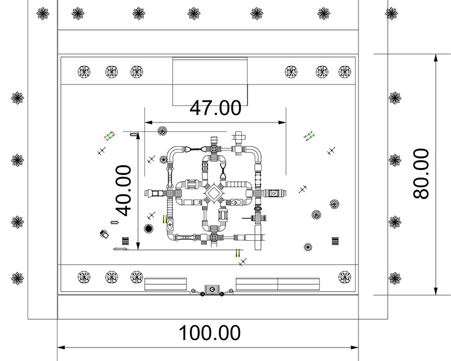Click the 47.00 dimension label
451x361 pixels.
pos(215,107)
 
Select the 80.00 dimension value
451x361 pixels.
pos(421,173)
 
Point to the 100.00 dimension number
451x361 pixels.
pos(210,333)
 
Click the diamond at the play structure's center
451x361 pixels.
pos(214,194)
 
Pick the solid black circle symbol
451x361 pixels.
pos(149,228)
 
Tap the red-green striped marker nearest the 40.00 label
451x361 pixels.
pos(109,136)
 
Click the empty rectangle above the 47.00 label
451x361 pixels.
pos(210,81)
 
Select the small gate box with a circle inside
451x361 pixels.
pos(211,290)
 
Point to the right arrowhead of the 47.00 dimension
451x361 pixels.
pos(282,122)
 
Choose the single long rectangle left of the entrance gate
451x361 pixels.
pos(165,283)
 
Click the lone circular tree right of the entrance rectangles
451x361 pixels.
pos(344,276)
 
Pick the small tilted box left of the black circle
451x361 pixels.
pos(104,234)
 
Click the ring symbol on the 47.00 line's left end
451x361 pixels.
pos(162,131)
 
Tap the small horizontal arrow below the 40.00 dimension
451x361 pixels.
pos(120,249)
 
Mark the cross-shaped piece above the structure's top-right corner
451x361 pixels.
pos(239,137)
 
